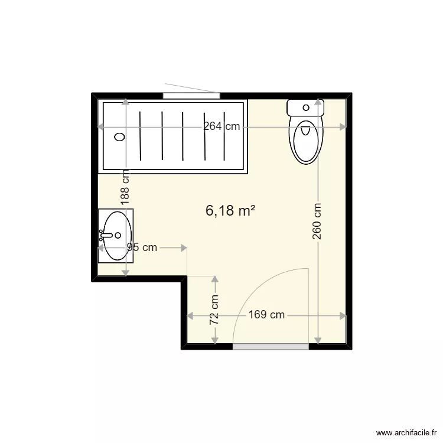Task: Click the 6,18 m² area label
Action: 230,210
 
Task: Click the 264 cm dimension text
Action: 222,126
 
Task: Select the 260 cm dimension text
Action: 318,221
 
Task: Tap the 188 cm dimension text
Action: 125,187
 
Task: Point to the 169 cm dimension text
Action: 266,315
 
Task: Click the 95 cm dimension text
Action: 142,247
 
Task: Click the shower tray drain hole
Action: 119,136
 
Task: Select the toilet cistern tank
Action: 305,108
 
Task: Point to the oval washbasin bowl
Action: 117,236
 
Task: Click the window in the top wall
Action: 191,95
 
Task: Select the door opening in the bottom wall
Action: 271,347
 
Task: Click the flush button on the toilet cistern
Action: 305,108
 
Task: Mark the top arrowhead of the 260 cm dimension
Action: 318,102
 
